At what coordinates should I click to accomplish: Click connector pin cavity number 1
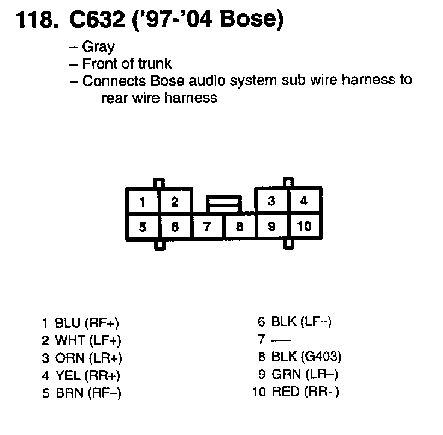143,202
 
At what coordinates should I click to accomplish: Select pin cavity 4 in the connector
304,201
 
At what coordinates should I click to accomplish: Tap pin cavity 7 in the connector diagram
207,227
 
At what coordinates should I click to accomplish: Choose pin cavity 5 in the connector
143,227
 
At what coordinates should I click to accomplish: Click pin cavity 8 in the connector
239,227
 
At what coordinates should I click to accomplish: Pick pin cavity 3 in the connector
271,201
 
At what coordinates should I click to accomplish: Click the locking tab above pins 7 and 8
223,203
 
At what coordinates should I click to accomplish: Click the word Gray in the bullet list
98,46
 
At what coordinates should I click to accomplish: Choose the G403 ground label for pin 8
321,357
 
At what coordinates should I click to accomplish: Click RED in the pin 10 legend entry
286,392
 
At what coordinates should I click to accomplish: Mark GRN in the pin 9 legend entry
285,374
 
